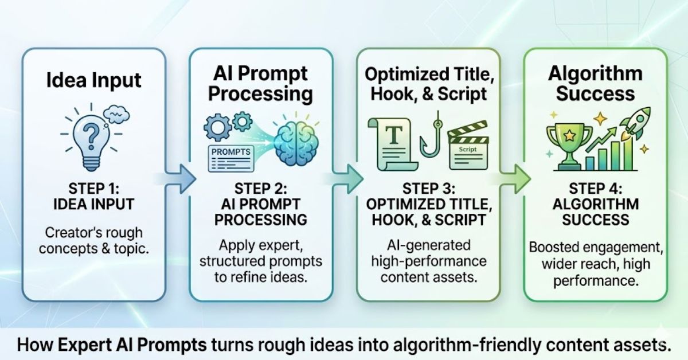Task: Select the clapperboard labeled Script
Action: coord(467,148)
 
